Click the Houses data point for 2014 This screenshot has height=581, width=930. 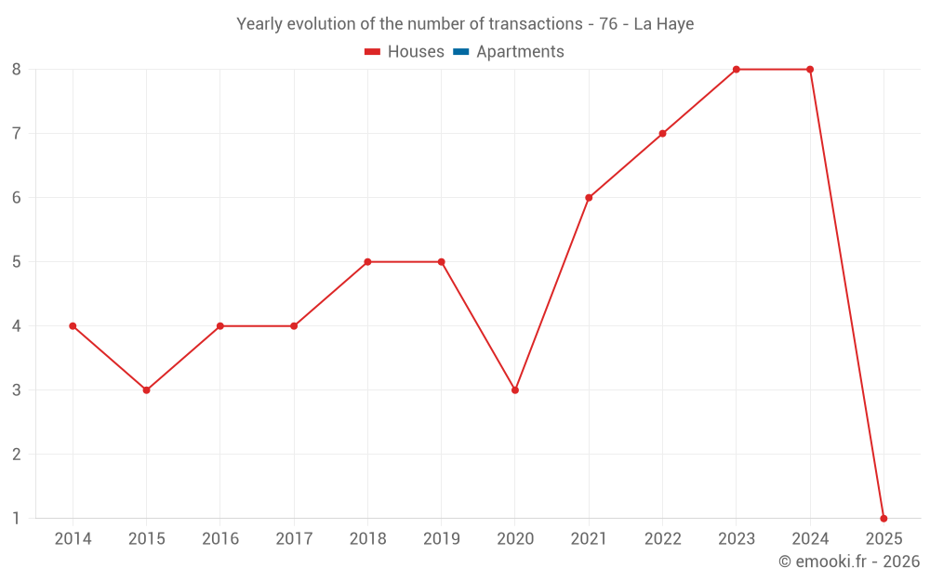[73, 326]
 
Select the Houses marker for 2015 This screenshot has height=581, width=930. [146, 390]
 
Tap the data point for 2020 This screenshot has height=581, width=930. [515, 390]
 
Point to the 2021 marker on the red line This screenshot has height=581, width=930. [589, 198]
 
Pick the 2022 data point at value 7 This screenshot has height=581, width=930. [662, 134]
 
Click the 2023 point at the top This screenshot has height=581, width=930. [736, 70]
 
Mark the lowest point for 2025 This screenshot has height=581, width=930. [883, 519]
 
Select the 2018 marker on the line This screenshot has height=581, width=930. [367, 262]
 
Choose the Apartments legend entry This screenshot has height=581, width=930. [520, 52]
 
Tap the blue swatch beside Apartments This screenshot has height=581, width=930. [460, 52]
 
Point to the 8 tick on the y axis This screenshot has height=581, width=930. [16, 70]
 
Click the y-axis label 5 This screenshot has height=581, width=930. [16, 262]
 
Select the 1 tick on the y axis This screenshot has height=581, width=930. [16, 519]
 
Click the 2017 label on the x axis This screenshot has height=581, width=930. [294, 539]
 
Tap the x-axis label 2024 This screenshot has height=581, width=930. [810, 539]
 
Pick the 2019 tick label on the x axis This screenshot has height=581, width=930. [441, 539]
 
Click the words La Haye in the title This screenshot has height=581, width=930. [663, 24]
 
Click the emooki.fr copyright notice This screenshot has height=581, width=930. [849, 561]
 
